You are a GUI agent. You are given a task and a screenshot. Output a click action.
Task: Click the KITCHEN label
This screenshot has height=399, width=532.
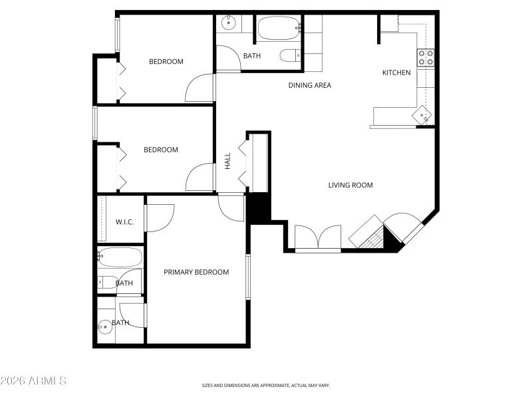click(x=396, y=72)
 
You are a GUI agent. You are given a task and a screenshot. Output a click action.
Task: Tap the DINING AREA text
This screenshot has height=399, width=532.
click(x=309, y=85)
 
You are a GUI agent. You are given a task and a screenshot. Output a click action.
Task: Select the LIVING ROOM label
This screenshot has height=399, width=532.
click(x=350, y=185)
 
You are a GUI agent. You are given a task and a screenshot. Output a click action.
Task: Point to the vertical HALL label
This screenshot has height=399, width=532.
click(x=227, y=160)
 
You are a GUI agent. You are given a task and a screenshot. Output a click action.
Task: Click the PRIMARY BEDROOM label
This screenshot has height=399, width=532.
click(x=196, y=272)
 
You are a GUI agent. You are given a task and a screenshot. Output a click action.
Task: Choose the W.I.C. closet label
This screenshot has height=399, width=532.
click(x=124, y=221)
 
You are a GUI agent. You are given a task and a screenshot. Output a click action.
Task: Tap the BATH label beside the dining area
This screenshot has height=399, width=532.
click(x=251, y=56)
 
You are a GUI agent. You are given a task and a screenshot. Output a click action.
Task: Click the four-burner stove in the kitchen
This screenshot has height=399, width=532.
click(x=426, y=58)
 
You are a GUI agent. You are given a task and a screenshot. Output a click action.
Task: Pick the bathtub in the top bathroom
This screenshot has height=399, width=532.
click(x=279, y=29)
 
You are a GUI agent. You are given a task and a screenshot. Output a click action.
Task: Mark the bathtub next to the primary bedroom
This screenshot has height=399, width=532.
click(x=120, y=257)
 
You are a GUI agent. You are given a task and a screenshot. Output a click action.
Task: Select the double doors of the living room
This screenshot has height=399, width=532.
click(x=318, y=238)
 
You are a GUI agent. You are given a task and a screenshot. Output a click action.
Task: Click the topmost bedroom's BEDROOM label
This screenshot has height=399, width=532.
click(x=166, y=62)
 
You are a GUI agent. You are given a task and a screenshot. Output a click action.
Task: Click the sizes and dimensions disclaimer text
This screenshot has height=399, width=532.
click(x=265, y=385)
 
